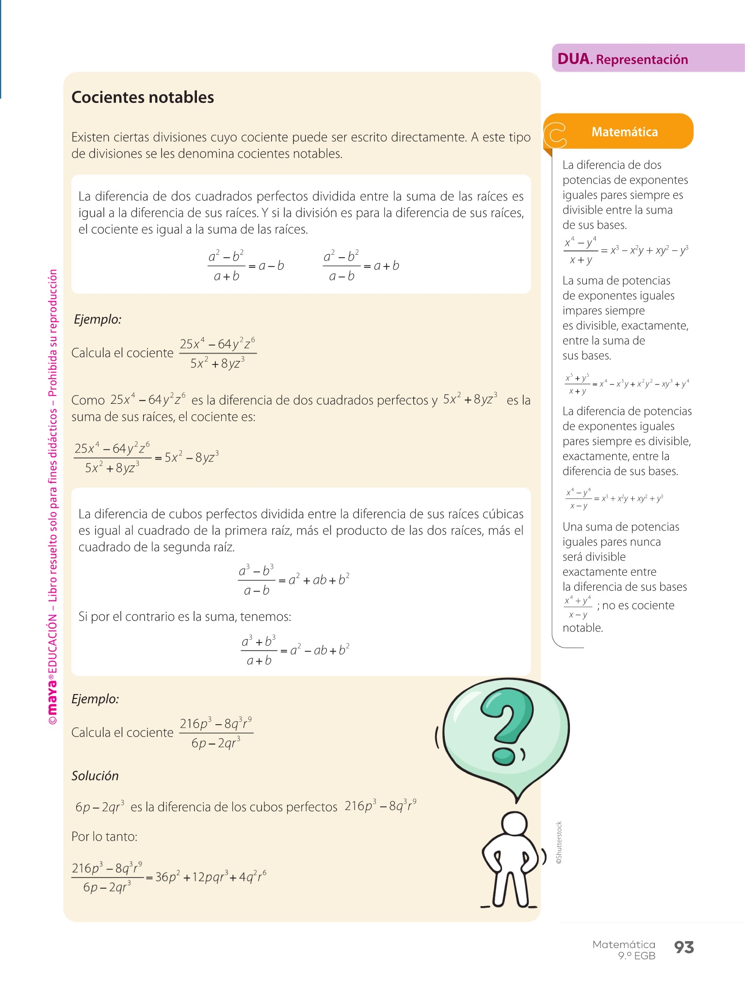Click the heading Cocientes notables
click(x=143, y=97)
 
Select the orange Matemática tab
click(x=624, y=132)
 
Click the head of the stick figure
click(x=514, y=825)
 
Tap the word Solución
click(x=95, y=776)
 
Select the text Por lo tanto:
click(x=104, y=836)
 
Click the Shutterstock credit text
click(x=559, y=842)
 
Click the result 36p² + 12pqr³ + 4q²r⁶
click(x=211, y=877)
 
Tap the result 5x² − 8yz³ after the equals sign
click(x=192, y=457)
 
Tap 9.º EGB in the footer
click(x=636, y=956)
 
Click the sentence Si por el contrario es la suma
click(x=185, y=616)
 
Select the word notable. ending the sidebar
click(x=583, y=628)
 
